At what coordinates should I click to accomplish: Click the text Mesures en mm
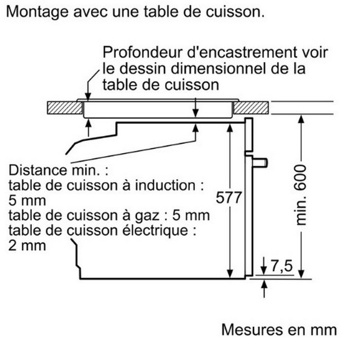(279, 329)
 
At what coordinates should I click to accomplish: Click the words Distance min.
(59, 170)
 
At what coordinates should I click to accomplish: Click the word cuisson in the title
(226, 12)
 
